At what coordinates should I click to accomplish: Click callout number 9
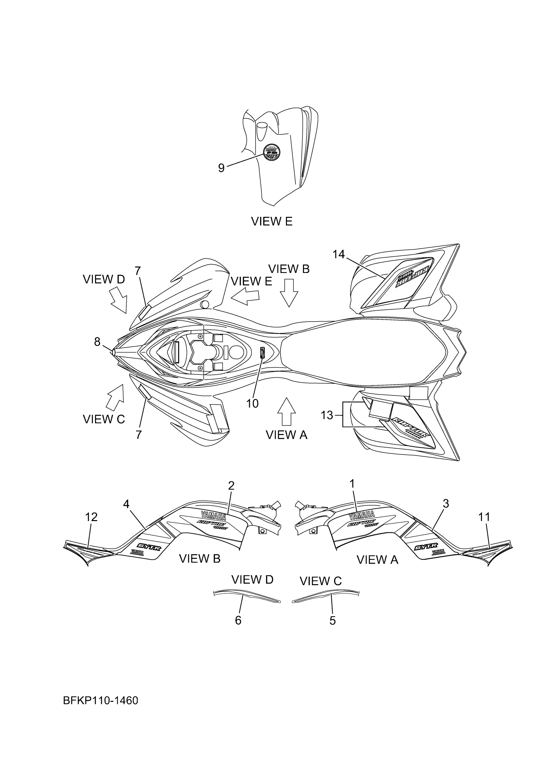point(221,168)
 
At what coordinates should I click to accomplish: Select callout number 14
point(339,254)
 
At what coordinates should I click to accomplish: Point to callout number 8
point(97,342)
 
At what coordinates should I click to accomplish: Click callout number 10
point(252,403)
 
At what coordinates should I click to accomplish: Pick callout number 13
point(327,415)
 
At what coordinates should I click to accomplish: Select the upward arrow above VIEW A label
point(286,411)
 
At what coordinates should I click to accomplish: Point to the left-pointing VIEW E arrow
point(245,297)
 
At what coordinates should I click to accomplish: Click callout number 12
point(91,517)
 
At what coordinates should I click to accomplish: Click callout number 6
point(238,620)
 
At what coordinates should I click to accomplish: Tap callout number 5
point(333,620)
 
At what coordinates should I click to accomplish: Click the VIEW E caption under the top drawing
point(271,221)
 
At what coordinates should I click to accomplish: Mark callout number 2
point(231,486)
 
